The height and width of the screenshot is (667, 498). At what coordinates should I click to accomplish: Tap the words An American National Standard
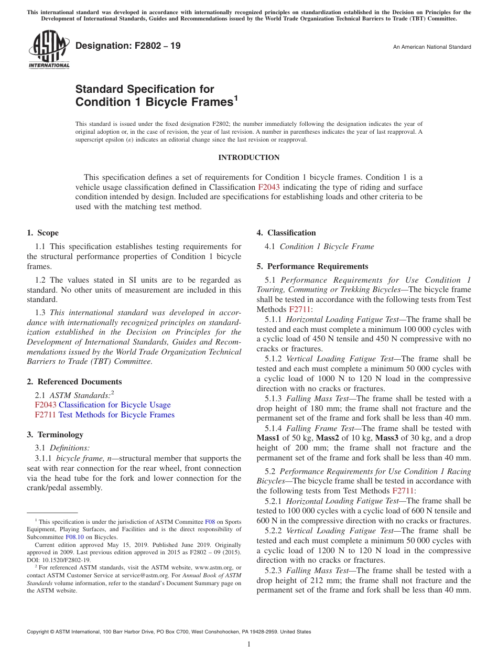[x=432, y=47]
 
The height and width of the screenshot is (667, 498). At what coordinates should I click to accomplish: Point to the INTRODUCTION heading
[x=248, y=157]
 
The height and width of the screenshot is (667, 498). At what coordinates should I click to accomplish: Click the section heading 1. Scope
[x=42, y=233]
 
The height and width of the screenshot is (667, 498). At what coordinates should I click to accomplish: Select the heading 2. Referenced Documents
[x=74, y=382]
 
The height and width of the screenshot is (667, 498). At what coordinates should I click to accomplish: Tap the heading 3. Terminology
[x=55, y=434]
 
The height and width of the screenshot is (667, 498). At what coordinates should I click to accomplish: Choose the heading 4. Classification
[x=286, y=233]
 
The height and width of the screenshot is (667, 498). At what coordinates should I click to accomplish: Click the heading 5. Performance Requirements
[x=312, y=266]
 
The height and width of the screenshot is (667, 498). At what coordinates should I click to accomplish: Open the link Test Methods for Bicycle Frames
[x=116, y=415]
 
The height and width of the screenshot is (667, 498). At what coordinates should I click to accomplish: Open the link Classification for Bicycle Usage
[x=114, y=405]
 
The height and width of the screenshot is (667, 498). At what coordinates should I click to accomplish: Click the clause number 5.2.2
[x=274, y=531]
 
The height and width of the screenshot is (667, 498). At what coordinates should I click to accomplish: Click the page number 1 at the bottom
[x=249, y=644]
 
